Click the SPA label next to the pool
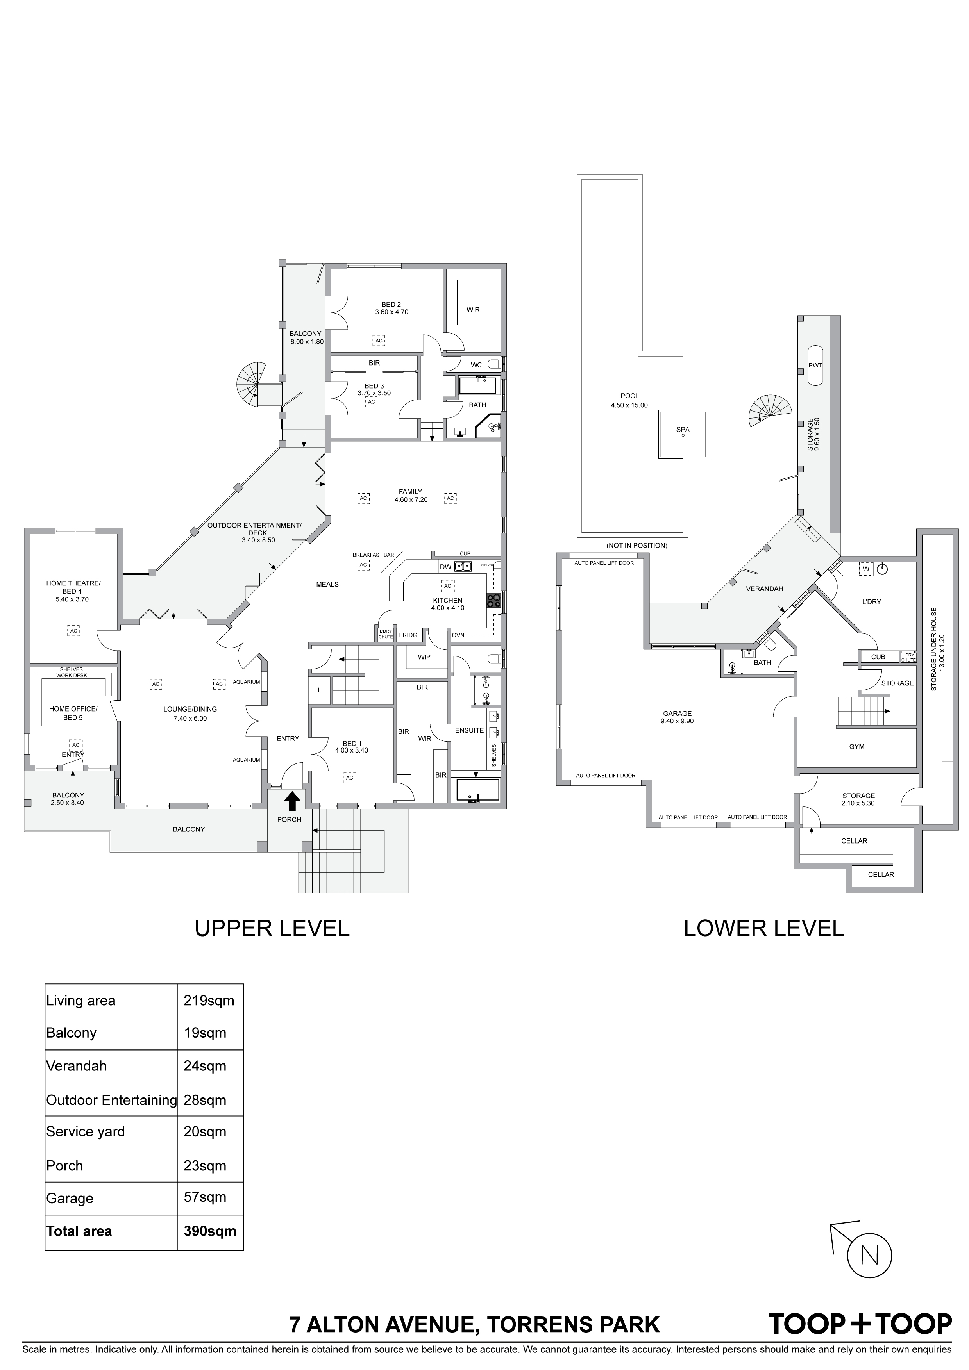683,429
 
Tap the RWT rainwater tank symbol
815,365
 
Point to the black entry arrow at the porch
293,801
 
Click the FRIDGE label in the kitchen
410,635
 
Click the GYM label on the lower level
857,746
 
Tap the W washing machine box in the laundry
866,569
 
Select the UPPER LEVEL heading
272,928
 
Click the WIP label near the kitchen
424,657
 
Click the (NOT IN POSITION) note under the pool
636,545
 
